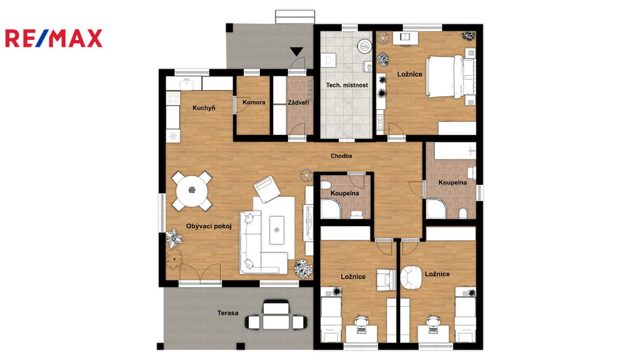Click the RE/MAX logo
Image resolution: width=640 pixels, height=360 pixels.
54,38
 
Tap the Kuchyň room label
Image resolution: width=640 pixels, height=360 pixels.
204,107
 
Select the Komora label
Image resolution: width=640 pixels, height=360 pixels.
254,102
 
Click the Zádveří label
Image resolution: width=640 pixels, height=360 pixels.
298,102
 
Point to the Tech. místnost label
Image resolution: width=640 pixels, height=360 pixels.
347,85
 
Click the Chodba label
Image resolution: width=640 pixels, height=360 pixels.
341,156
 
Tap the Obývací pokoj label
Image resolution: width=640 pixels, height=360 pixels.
209,226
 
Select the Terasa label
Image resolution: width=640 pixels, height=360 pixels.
227,313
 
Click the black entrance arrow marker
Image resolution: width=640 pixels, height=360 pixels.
297,52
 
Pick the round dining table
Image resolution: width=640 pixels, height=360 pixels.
192,191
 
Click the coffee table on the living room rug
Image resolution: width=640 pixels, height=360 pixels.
277,230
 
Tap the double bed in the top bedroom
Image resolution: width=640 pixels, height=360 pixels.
451,76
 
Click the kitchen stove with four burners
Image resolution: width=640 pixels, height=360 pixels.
173,98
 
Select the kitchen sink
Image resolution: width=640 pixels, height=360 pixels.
186,84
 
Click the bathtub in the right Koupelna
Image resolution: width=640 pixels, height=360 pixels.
455,150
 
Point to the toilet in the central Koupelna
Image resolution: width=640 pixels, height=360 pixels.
325,186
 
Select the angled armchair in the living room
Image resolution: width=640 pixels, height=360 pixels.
267,189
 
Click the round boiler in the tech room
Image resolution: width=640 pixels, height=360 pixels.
364,46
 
